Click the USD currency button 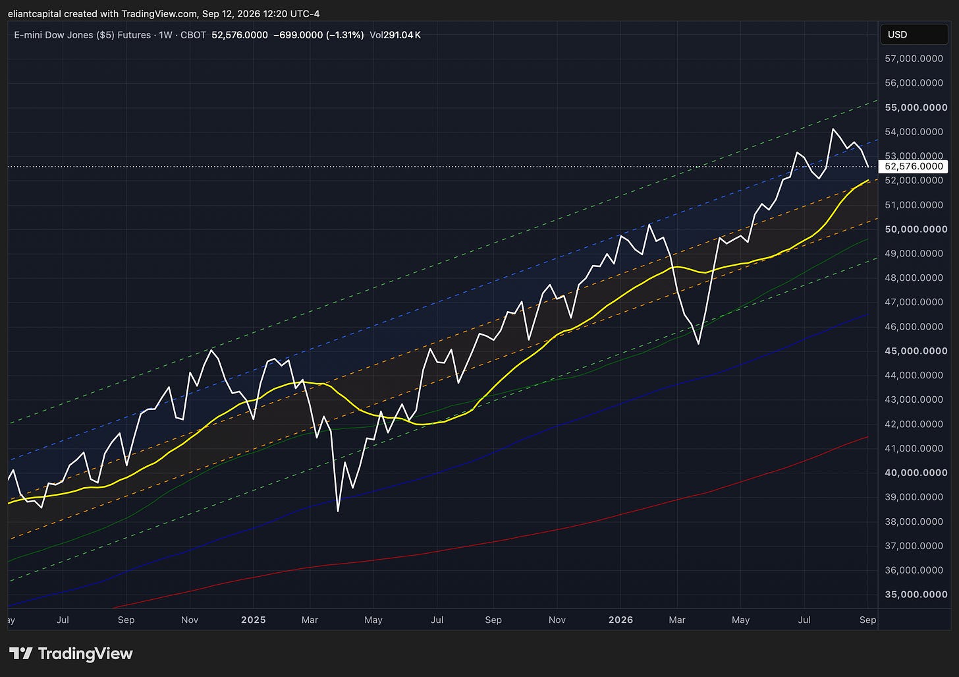(x=914, y=35)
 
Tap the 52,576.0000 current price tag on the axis (x=913, y=166)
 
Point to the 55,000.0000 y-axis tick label (x=916, y=107)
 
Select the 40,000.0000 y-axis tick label (x=916, y=473)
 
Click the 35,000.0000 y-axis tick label (x=916, y=595)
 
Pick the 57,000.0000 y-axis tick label (x=914, y=59)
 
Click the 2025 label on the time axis (x=253, y=620)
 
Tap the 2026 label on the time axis (x=620, y=620)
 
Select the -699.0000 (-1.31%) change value (x=319, y=35)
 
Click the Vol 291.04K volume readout (x=395, y=35)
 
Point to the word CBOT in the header (x=193, y=35)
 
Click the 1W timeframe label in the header (x=165, y=35)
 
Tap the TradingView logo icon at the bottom (x=20, y=653)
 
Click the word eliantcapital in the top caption (x=35, y=14)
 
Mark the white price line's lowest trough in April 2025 (x=338, y=511)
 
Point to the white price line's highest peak (x=833, y=129)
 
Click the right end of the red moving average (x=868, y=436)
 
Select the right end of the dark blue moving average (x=868, y=314)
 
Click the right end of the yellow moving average (x=868, y=181)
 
